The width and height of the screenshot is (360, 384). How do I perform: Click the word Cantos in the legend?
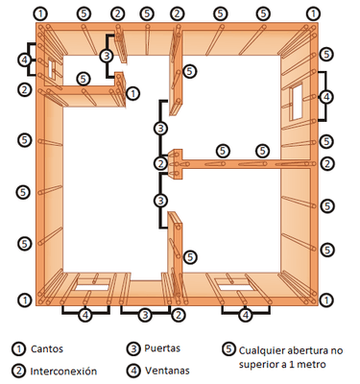(x=47, y=348)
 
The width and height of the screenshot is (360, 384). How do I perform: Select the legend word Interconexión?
(x=63, y=372)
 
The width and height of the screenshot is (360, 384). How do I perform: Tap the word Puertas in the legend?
(x=162, y=348)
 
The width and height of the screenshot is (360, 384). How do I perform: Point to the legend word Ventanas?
(x=167, y=371)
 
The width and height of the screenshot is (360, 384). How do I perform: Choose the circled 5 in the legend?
(x=228, y=348)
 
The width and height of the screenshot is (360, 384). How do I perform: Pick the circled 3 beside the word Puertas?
(x=133, y=348)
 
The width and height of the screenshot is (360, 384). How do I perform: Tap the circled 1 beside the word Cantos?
(x=18, y=348)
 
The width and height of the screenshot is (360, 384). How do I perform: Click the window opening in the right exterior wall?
(x=297, y=102)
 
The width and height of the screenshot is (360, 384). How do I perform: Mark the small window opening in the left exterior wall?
(x=51, y=68)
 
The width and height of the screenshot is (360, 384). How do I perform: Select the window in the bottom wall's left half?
(x=92, y=284)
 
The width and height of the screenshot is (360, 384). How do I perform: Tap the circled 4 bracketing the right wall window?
(x=326, y=97)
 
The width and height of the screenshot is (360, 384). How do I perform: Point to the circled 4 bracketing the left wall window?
(x=25, y=60)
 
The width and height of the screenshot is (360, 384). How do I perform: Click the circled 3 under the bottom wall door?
(x=145, y=315)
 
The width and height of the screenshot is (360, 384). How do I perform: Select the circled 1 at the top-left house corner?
(x=40, y=13)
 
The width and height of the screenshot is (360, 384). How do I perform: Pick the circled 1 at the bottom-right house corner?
(x=326, y=300)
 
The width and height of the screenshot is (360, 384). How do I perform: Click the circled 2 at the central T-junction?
(x=160, y=163)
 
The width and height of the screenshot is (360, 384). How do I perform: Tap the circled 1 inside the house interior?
(x=133, y=94)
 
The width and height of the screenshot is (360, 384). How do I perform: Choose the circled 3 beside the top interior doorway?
(x=107, y=56)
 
